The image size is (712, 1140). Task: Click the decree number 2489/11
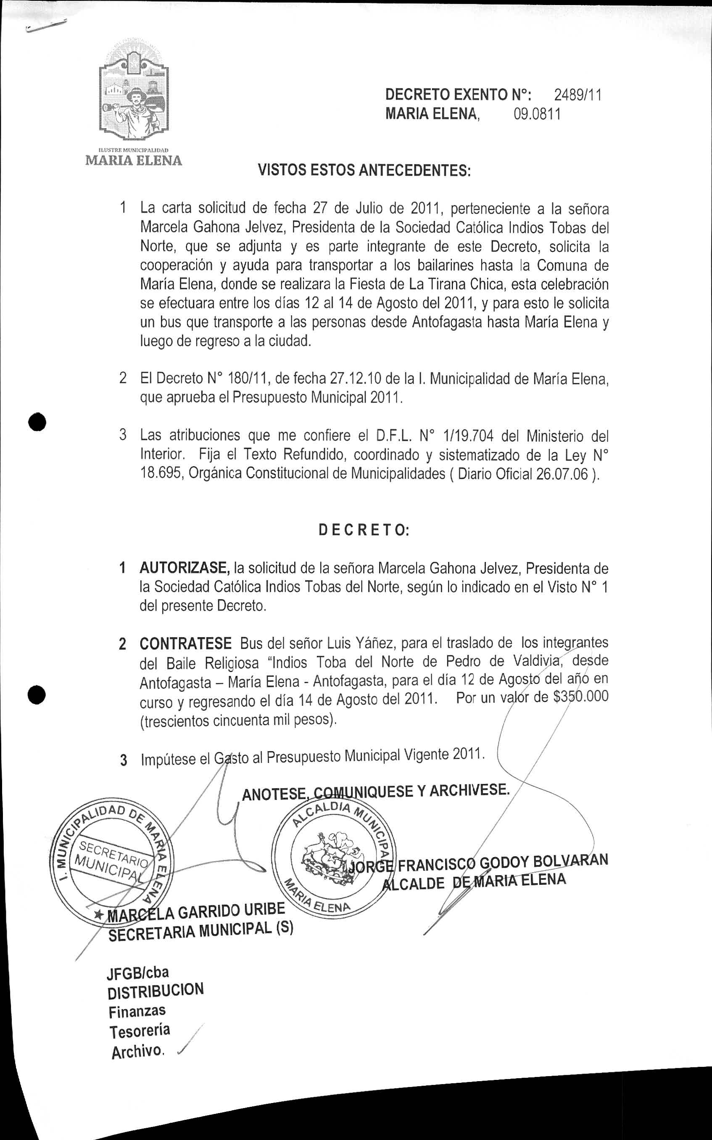[x=578, y=95]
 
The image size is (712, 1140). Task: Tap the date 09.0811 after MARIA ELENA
[x=537, y=114]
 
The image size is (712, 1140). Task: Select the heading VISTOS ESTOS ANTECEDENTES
[x=364, y=170]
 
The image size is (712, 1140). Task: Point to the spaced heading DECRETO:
[x=364, y=530]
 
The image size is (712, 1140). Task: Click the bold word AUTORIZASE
[x=184, y=568]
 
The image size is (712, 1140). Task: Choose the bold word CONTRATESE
[x=185, y=644]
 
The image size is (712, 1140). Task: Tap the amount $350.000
[x=580, y=697]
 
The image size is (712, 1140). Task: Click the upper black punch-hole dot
[x=38, y=421]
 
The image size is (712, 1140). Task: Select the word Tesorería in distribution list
[x=140, y=1031]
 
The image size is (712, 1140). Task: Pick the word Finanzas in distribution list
[x=137, y=1011]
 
